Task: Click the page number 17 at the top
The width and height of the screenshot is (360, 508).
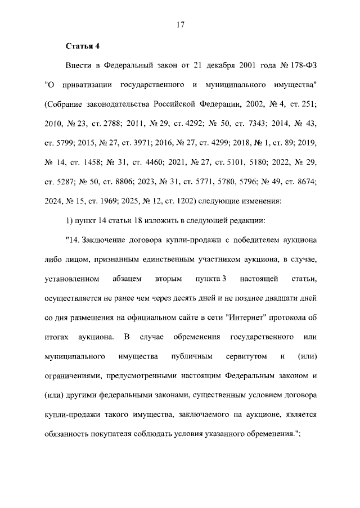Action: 180,25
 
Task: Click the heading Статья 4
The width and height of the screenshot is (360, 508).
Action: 82,46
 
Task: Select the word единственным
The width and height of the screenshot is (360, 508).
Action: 174,260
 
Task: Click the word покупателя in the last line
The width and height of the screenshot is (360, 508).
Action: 116,434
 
